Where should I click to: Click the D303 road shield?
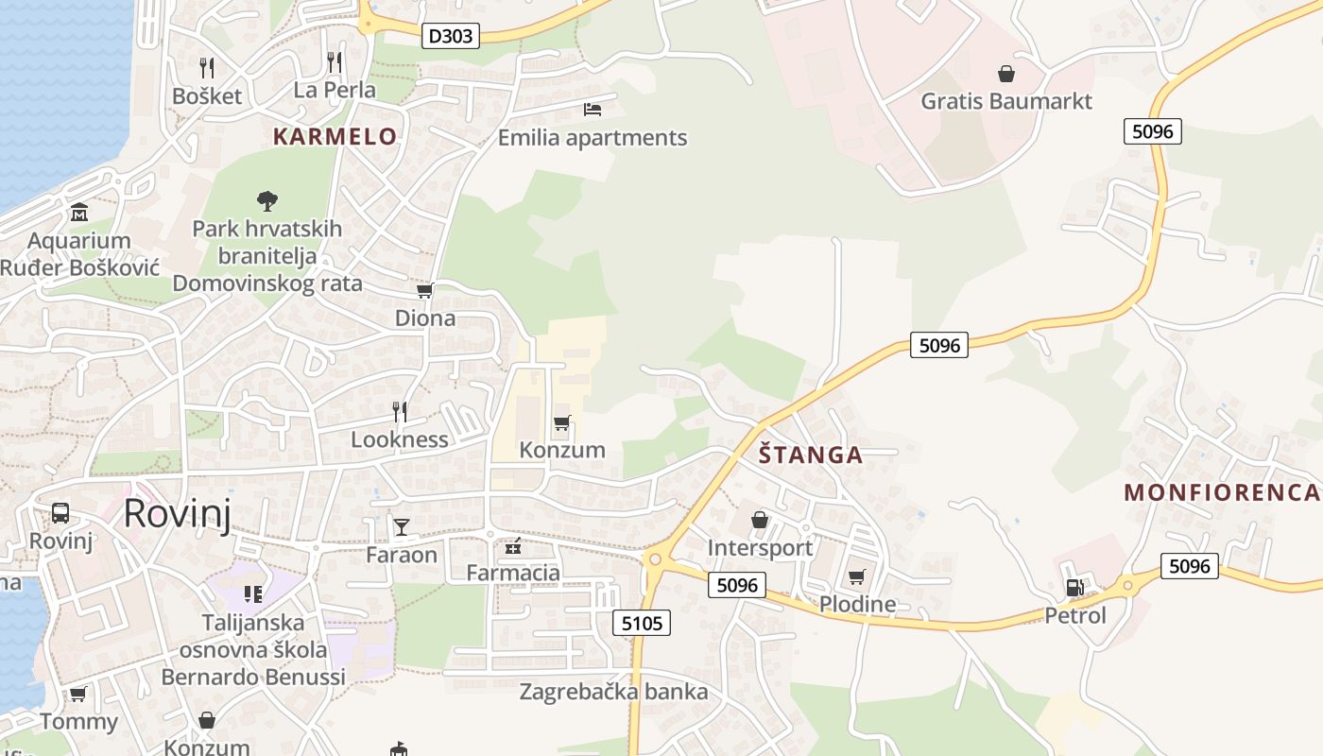tap(450, 36)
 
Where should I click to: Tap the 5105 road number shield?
tap(643, 623)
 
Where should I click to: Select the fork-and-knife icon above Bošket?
tap(207, 67)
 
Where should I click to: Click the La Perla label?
tap(335, 90)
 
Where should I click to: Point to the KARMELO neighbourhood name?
tap(335, 136)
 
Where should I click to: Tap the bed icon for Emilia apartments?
tap(593, 110)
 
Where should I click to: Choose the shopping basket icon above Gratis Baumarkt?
tap(1006, 73)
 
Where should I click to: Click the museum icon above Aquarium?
tap(78, 211)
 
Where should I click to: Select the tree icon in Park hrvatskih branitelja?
tap(267, 200)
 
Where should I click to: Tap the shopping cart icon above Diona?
tap(425, 290)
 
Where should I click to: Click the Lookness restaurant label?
tap(400, 438)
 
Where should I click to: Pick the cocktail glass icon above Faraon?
tap(402, 526)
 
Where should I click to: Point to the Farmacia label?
tap(513, 572)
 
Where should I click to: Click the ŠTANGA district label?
tap(812, 455)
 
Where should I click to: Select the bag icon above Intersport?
tap(760, 520)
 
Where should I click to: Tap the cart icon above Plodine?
tap(857, 576)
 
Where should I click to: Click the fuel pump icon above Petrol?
tap(1074, 588)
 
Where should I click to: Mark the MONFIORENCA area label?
tap(1222, 492)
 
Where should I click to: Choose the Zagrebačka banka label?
tap(613, 692)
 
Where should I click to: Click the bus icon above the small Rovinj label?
tap(60, 513)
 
